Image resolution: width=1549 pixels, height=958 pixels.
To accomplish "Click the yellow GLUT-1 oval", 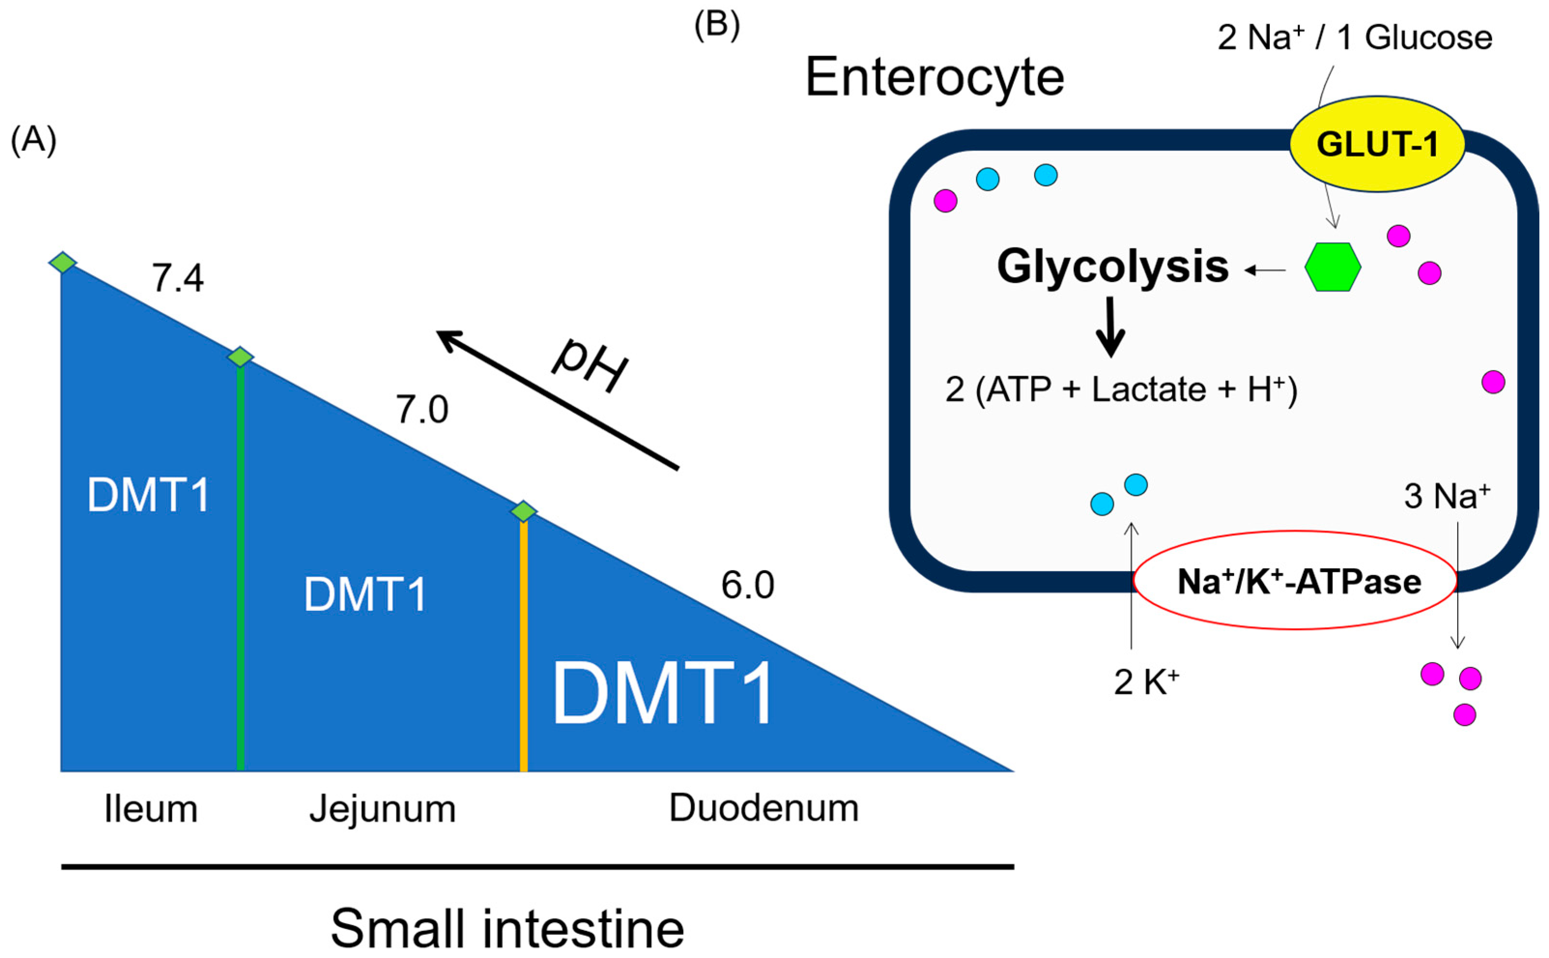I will tap(1377, 144).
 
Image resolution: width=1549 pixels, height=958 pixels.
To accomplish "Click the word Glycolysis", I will tap(1112, 266).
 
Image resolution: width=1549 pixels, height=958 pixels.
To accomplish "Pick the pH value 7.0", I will tap(422, 409).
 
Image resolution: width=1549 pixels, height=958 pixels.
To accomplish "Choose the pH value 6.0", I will tap(747, 585).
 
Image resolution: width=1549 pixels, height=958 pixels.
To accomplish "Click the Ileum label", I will tap(151, 809).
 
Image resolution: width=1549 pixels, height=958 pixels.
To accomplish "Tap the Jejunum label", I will tap(382, 809).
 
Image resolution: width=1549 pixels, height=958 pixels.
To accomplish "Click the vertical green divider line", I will tap(240, 570).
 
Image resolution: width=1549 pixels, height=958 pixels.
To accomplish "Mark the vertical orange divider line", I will tap(524, 646).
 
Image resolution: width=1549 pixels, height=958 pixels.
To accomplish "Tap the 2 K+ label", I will tap(1146, 682).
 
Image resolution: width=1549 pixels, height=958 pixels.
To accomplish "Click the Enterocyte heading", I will tap(934, 77).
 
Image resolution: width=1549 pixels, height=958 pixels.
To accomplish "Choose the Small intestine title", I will tap(507, 928).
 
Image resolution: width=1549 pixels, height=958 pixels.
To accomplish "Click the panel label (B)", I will tap(717, 27).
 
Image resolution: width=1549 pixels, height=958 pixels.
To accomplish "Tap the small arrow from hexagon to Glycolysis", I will tap(1265, 270).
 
